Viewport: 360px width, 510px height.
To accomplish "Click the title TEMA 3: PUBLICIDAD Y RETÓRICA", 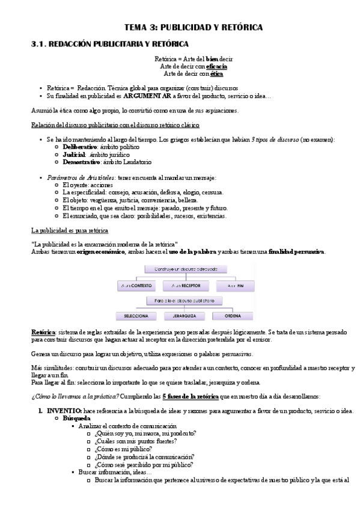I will [193, 28].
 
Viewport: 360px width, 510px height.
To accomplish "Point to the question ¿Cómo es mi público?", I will [124, 449].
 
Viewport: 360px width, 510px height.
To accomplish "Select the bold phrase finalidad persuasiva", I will [297, 251].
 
